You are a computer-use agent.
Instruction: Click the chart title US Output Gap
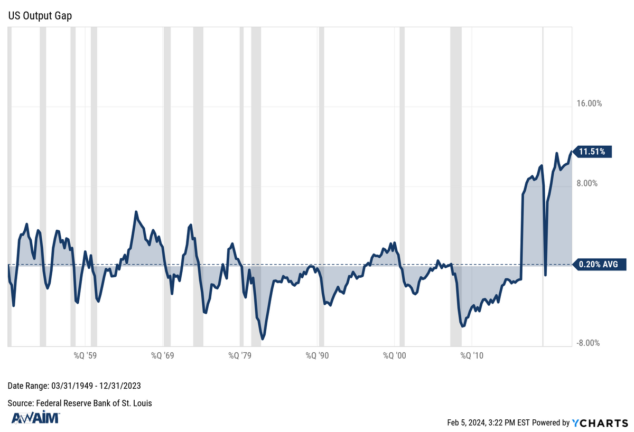(40, 16)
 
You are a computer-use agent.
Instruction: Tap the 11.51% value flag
(592, 152)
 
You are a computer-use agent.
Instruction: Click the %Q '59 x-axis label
(85, 356)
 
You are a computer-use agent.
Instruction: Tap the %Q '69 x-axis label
(163, 356)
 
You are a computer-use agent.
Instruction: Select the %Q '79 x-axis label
(240, 356)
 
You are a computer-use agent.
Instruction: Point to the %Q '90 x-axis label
(318, 356)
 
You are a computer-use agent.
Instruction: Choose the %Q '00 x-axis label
(395, 356)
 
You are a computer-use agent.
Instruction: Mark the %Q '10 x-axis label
(472, 356)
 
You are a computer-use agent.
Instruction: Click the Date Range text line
(74, 386)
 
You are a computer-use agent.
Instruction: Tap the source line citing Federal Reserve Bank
(80, 403)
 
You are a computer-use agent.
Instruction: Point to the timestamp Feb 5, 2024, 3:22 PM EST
(488, 422)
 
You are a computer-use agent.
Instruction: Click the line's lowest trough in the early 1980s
(262, 339)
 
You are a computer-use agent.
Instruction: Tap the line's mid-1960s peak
(136, 212)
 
